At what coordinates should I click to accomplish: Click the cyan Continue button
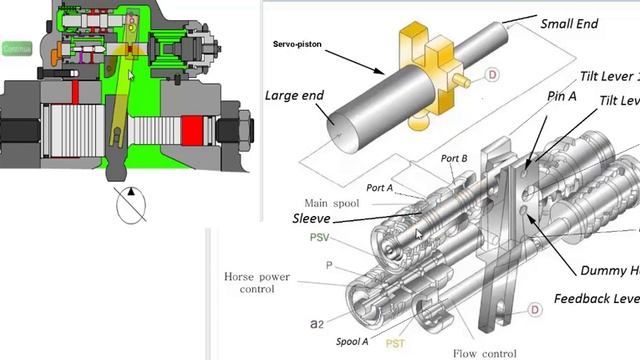16,47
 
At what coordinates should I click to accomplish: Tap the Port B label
454,158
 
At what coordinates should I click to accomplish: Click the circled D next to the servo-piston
492,73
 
